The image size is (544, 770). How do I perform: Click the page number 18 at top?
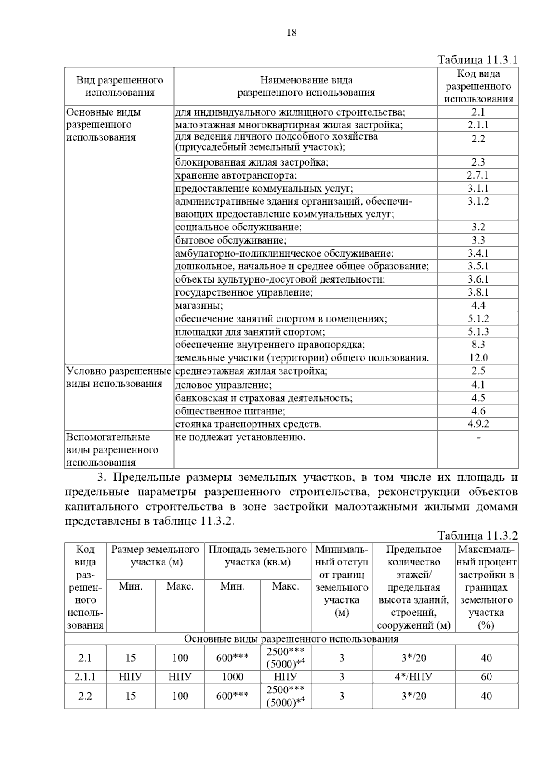click(291, 33)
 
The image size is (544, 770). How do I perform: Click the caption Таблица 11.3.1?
click(477, 60)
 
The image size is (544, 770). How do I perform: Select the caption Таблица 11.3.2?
click(477, 536)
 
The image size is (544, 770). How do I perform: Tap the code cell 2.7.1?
click(478, 175)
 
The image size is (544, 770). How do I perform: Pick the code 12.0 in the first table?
click(478, 358)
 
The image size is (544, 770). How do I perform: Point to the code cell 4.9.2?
click(478, 424)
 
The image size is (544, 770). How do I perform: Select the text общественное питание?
click(230, 411)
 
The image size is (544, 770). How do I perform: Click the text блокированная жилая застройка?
click(252, 162)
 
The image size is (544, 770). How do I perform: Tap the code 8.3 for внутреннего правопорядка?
click(478, 345)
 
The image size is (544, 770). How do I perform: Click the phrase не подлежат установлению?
click(240, 437)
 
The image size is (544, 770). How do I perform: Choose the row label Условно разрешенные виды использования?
click(119, 377)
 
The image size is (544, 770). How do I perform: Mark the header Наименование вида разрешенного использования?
click(306, 86)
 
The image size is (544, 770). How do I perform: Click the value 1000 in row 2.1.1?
click(233, 677)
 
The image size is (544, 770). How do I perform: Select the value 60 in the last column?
click(486, 677)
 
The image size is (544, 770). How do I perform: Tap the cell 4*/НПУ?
click(413, 677)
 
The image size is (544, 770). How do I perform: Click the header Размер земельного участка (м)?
click(155, 556)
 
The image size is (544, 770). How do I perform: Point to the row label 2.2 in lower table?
click(85, 696)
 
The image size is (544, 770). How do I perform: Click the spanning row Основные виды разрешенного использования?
click(291, 639)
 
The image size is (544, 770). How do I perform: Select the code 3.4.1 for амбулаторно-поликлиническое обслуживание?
click(478, 253)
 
